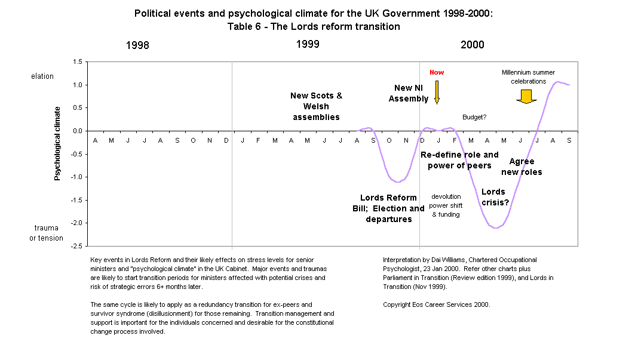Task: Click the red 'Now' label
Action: (x=437, y=72)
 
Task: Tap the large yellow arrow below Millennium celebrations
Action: (x=526, y=97)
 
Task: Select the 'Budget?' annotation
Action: (x=474, y=117)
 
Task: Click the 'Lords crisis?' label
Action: (x=495, y=197)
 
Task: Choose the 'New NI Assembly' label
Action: (x=409, y=93)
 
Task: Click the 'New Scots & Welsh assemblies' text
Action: (x=316, y=106)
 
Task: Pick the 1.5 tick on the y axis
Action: (x=77, y=61)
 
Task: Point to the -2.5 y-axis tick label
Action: (x=76, y=246)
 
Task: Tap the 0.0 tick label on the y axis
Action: (x=77, y=131)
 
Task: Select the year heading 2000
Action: (x=472, y=45)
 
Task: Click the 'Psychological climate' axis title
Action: (x=57, y=143)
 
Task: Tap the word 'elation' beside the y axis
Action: (x=42, y=76)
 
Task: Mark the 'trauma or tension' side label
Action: (x=47, y=233)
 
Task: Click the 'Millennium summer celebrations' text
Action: (x=524, y=76)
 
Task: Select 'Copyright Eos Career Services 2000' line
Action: (x=436, y=304)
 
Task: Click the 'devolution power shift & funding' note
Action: (x=446, y=205)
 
